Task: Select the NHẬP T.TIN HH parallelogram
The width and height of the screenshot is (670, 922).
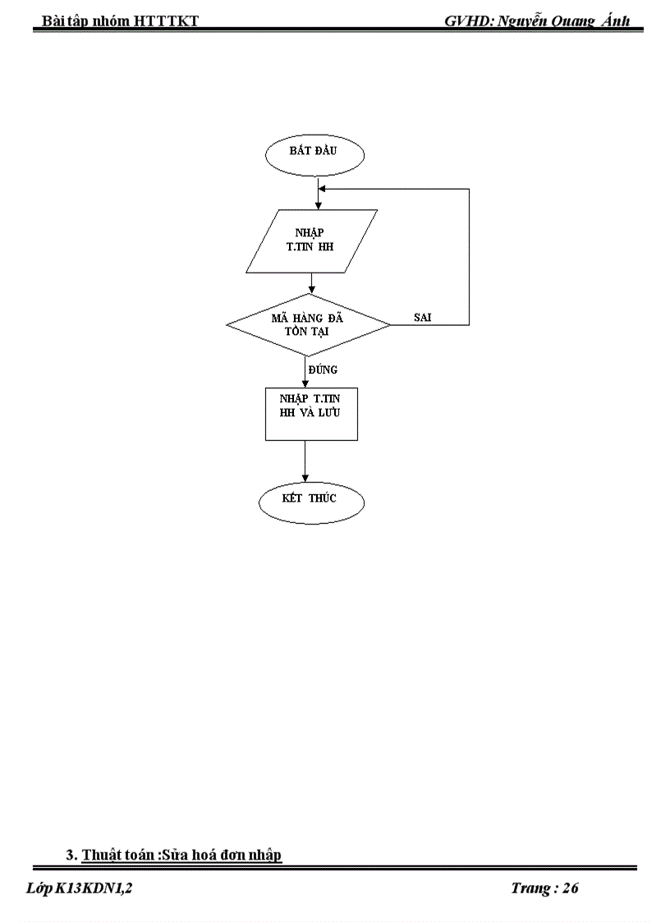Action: pos(312,241)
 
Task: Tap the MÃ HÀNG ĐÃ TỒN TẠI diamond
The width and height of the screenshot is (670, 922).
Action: pos(308,324)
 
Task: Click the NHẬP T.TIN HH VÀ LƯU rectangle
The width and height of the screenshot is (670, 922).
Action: pos(310,413)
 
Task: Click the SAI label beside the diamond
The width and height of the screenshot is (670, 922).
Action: pos(423,316)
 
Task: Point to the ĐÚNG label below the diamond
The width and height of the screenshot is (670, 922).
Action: pos(323,369)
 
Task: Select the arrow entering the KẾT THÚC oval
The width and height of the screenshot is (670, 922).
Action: pos(305,476)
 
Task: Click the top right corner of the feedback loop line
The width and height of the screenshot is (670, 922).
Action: pos(469,189)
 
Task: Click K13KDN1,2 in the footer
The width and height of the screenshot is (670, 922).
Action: pos(94,888)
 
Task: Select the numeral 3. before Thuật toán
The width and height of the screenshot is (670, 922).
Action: pos(71,855)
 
